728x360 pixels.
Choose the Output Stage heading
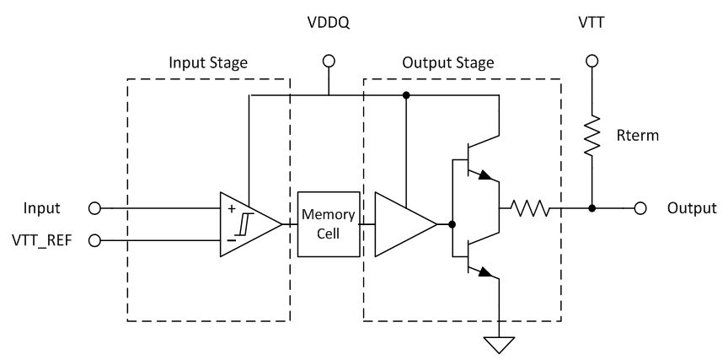447,63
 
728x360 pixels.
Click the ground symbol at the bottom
499,343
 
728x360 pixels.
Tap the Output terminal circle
642,208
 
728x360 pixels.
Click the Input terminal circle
94,208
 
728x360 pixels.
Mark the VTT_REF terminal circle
94,240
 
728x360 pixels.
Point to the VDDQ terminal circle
329,61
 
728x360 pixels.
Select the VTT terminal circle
591,61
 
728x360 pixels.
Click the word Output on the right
691,208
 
